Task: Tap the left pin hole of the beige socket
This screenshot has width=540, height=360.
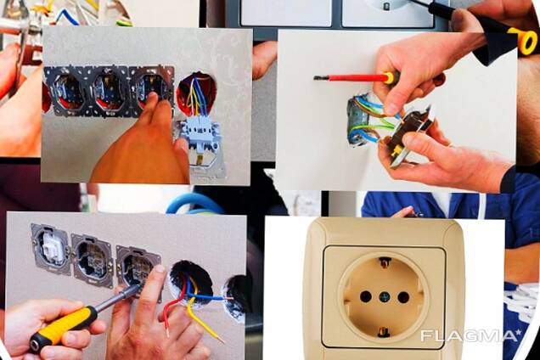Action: [365, 296]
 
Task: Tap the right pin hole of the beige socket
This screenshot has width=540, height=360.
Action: [403, 296]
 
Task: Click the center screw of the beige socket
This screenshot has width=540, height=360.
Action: [384, 296]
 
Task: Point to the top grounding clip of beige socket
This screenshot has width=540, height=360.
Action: [385, 262]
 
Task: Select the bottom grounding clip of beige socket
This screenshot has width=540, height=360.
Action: [384, 332]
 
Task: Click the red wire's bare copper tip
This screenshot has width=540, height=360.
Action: [167, 332]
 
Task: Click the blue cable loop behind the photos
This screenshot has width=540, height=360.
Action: [195, 204]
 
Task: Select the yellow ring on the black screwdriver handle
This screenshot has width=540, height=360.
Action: [527, 41]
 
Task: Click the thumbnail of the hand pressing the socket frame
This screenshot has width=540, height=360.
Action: [147, 106]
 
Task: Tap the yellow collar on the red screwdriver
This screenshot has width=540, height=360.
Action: [389, 77]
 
